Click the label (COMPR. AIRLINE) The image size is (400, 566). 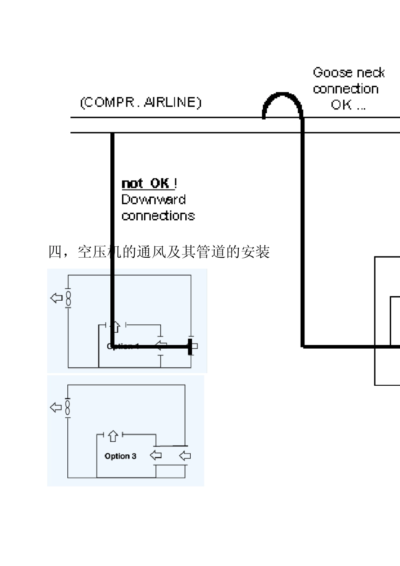[x=141, y=102]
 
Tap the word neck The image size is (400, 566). [x=369, y=72]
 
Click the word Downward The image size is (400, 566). [x=153, y=199]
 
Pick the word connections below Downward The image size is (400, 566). [x=158, y=216]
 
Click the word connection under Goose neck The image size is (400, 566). [x=345, y=89]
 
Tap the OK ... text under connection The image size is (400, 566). [x=348, y=105]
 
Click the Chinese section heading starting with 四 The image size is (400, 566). [x=159, y=252]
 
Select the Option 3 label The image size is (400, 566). [x=120, y=456]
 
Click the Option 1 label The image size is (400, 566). [x=123, y=346]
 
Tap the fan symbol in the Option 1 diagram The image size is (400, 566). [x=68, y=298]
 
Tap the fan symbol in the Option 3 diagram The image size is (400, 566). [x=67, y=408]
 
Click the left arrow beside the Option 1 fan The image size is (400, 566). [x=56, y=298]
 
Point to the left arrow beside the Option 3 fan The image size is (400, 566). [x=56, y=408]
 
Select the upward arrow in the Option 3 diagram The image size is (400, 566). [x=112, y=436]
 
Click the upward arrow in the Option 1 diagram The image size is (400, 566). [x=115, y=326]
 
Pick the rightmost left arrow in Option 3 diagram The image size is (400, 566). [x=185, y=455]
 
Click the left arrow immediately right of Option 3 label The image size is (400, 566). [x=156, y=455]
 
